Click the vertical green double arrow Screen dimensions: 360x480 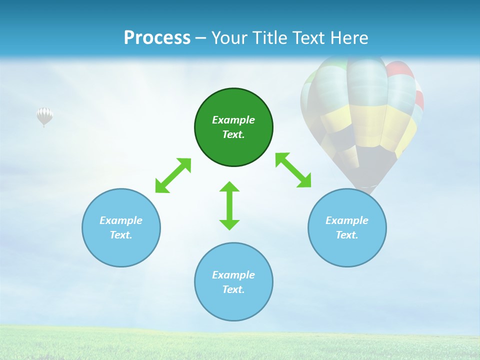(229, 206)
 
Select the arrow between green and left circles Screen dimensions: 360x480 (173, 175)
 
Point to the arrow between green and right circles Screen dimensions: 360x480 (293, 170)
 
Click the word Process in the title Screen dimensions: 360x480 (157, 37)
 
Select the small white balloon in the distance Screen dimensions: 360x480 (44, 116)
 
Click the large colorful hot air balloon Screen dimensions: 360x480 (362, 115)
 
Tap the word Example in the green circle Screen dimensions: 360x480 (233, 120)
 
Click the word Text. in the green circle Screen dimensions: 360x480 (233, 134)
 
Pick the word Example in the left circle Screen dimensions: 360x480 (121, 220)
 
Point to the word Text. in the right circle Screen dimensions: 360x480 (347, 235)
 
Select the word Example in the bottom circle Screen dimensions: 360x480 (233, 275)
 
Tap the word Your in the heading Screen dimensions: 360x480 (230, 37)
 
